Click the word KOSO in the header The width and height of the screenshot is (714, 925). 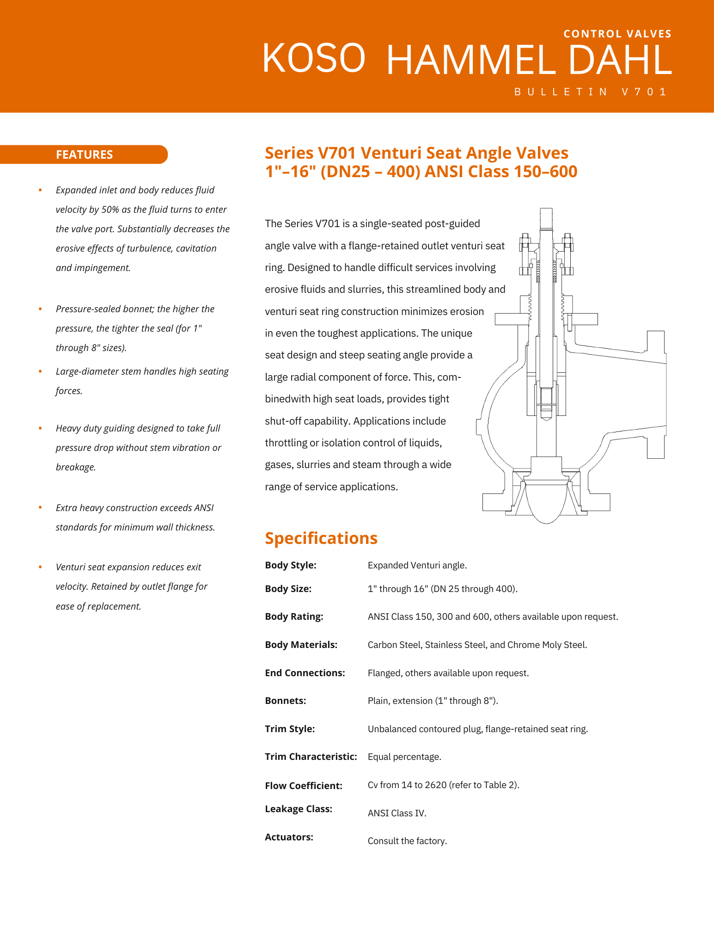314,58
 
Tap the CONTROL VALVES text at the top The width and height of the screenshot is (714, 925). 617,34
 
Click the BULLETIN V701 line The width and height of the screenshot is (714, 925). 590,92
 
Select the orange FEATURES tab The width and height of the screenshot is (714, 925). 84,154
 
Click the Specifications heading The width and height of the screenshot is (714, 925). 321,538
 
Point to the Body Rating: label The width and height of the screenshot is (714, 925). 294,617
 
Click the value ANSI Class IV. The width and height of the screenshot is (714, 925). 397,813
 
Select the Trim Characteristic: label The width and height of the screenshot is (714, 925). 311,757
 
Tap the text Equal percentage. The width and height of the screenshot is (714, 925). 404,757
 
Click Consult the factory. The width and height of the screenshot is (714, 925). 407,841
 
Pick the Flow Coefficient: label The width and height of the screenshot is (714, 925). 303,785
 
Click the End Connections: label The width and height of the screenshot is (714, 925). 305,673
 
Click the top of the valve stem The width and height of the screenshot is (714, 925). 546,214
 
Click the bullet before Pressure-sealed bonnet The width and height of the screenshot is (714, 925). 41,309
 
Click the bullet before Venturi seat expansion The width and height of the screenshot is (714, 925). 41,567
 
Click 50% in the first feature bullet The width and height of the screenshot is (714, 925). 110,210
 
